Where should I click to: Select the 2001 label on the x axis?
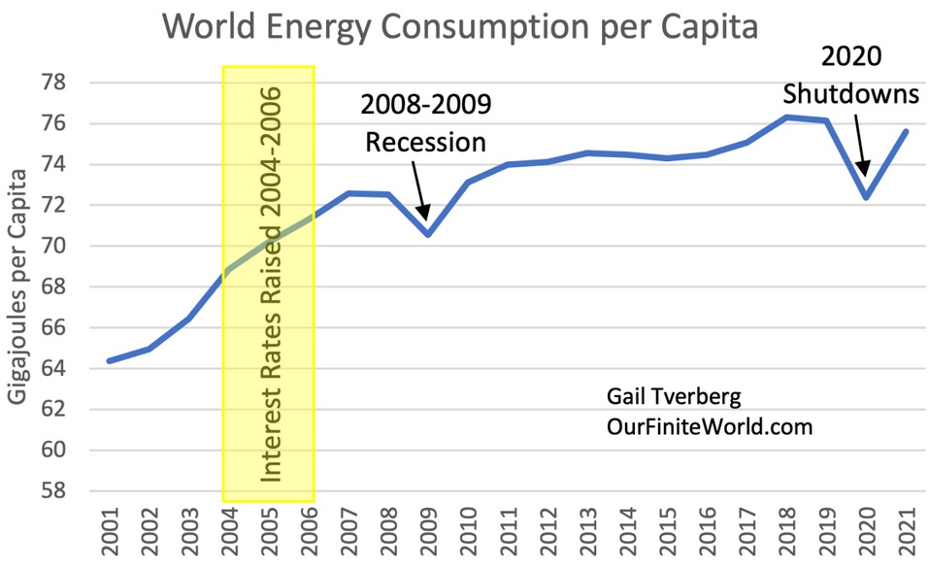click(x=109, y=533)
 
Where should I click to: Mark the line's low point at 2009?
click(x=426, y=234)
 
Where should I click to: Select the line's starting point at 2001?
click(x=109, y=361)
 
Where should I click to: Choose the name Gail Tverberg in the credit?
click(x=659, y=398)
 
